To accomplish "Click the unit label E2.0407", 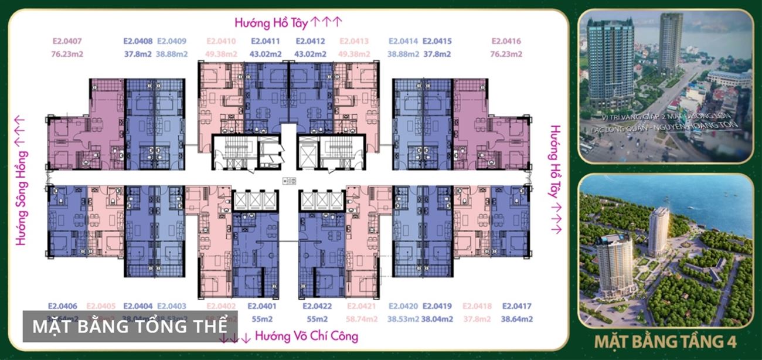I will point(67,42).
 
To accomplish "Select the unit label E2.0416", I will point(506,42).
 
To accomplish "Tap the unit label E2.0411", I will point(266,42).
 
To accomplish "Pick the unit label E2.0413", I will point(354,42).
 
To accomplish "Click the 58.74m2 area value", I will point(362,320).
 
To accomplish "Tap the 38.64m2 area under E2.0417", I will point(516,320).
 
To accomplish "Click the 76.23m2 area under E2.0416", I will point(506,55).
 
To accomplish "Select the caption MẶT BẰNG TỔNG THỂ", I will point(130,327).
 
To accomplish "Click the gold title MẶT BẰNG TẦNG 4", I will point(665,341).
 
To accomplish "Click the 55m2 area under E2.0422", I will point(317,320).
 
